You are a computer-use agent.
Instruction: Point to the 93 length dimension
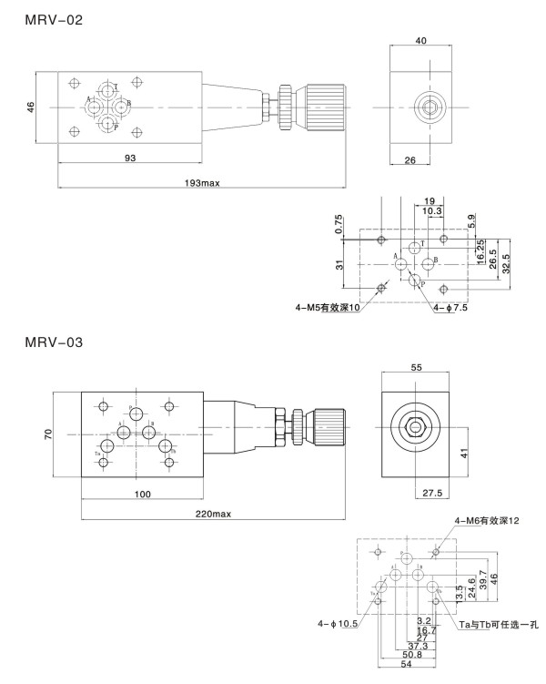[x=130, y=159]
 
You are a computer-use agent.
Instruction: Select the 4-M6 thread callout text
[x=486, y=521]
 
